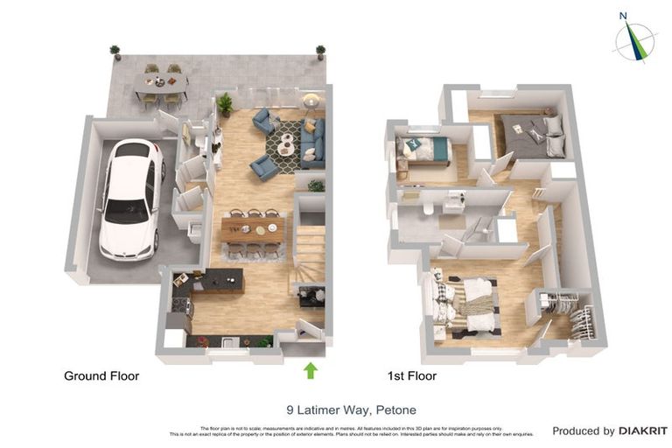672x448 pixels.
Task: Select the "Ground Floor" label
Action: click(101, 376)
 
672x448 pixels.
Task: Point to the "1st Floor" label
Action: click(411, 376)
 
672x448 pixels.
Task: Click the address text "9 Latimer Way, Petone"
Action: click(351, 409)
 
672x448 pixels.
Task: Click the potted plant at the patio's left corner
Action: click(115, 52)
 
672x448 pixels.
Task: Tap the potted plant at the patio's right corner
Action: click(320, 52)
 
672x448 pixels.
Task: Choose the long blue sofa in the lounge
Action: click(312, 143)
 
